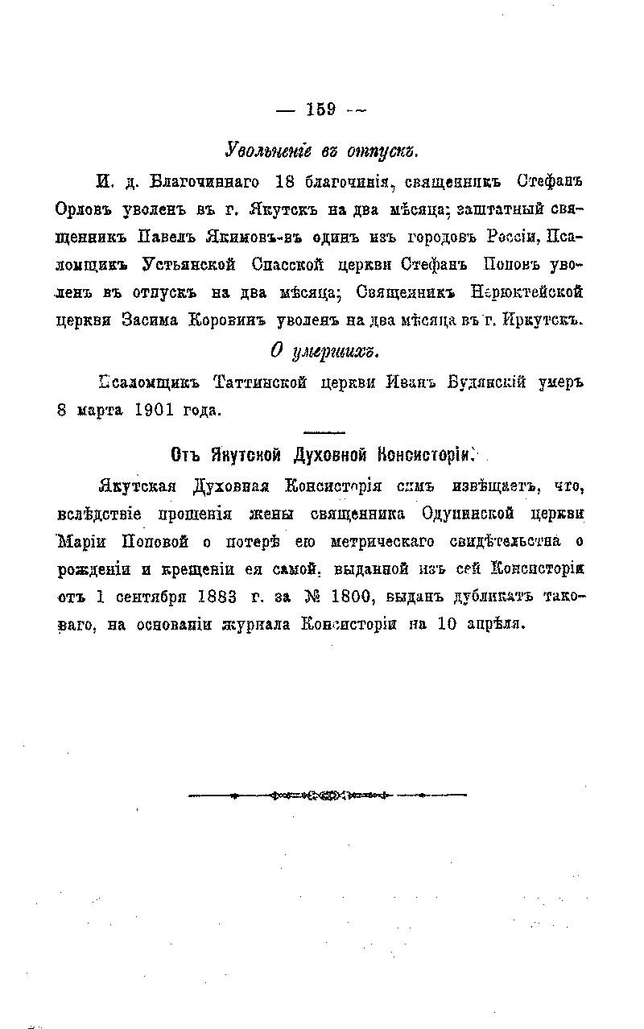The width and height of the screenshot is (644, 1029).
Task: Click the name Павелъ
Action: point(165,238)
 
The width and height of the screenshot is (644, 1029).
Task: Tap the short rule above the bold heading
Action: point(325,432)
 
